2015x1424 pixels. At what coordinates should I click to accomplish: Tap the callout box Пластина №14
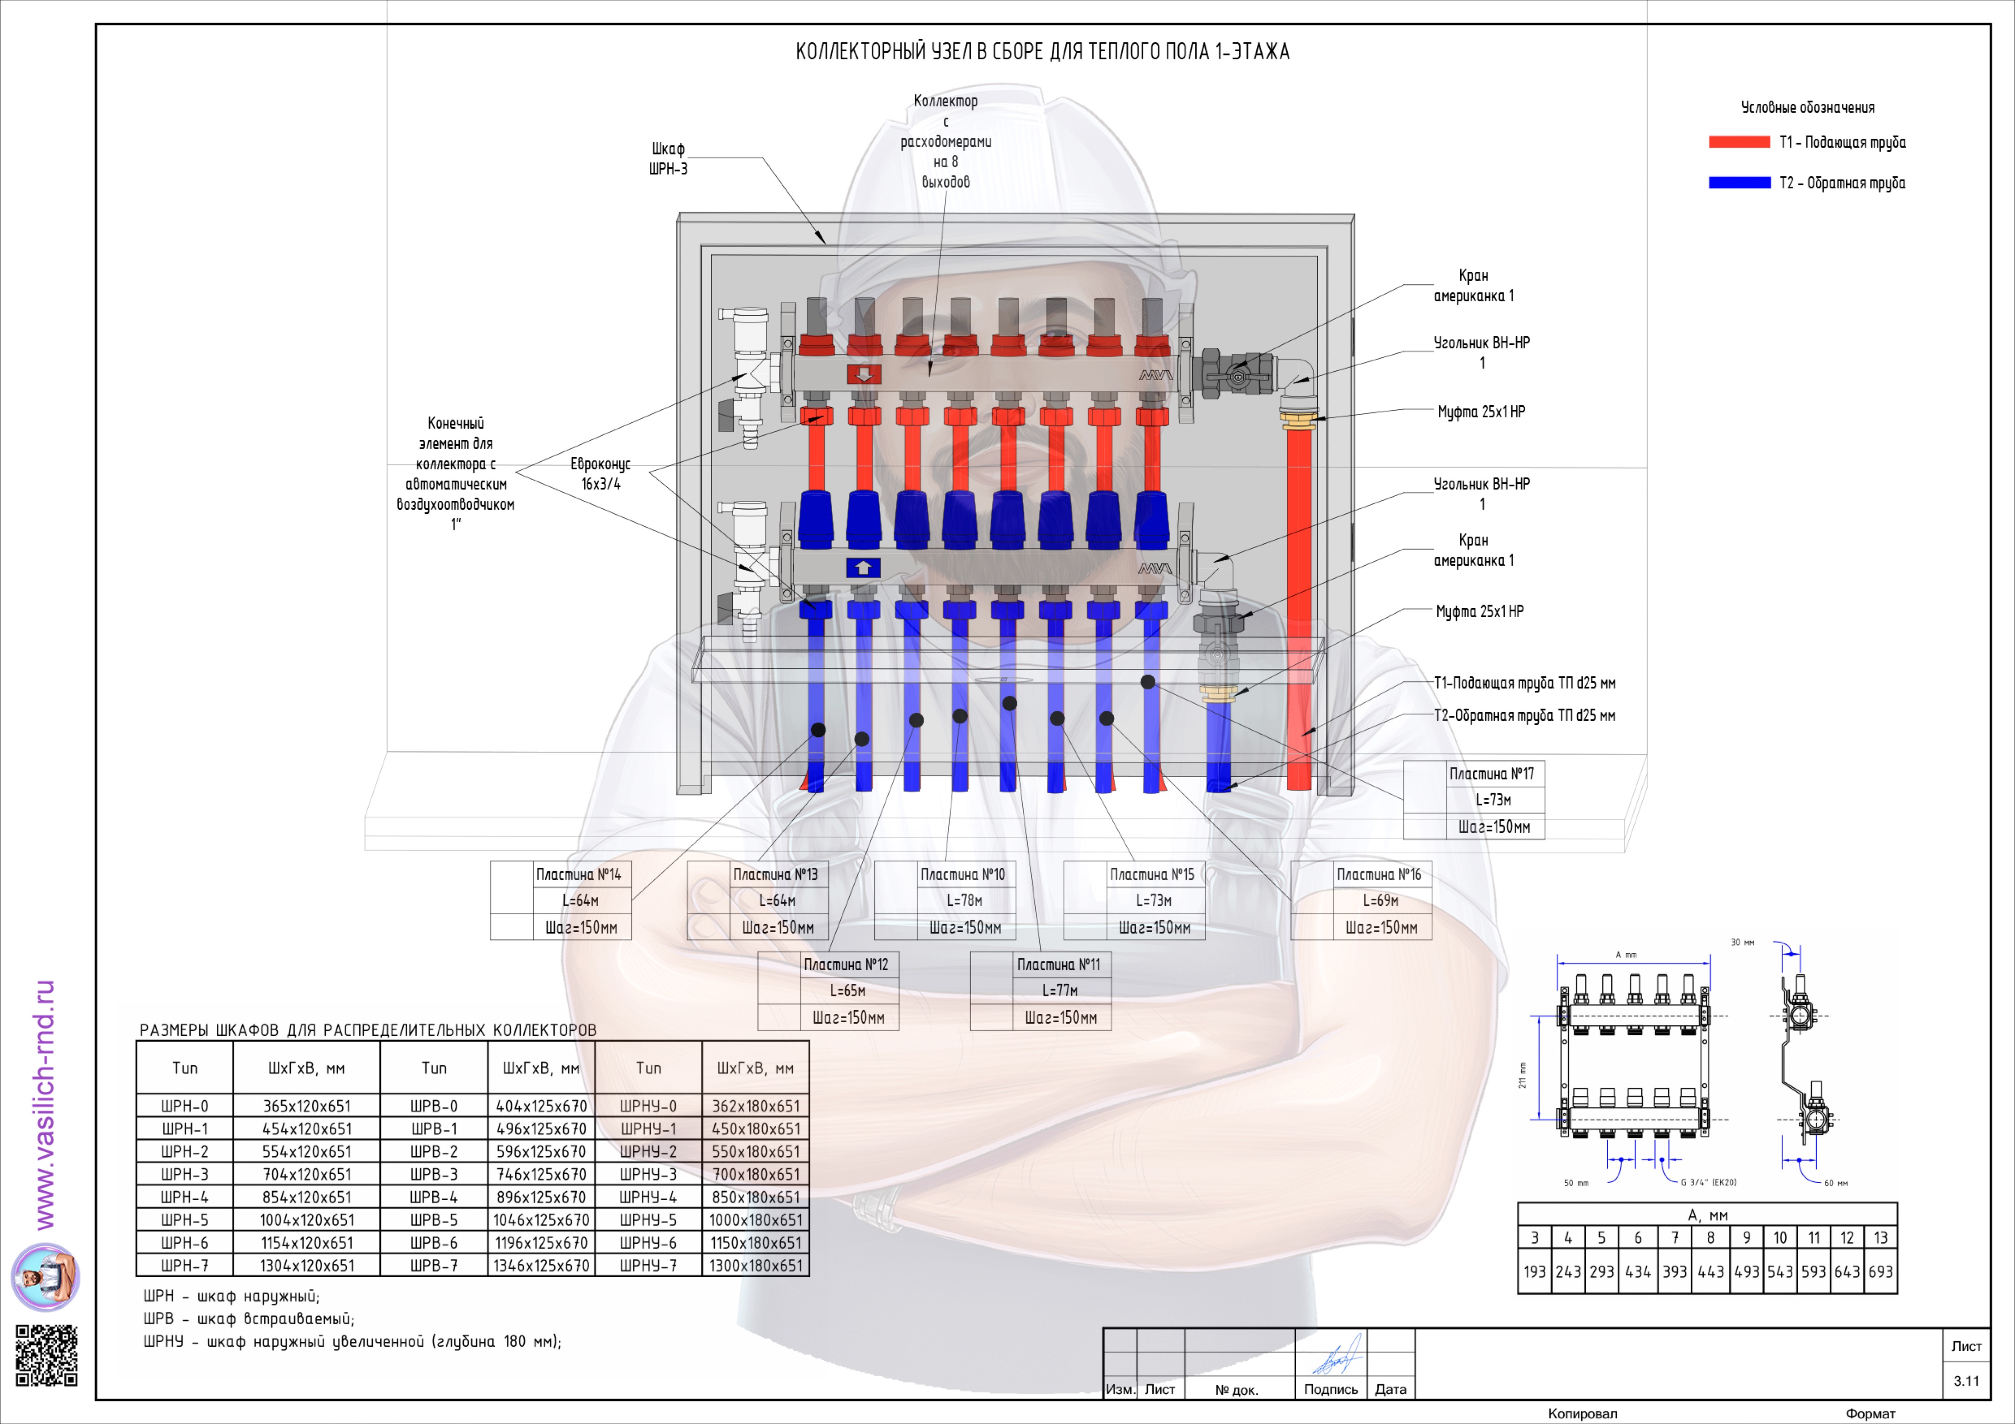pos(561,900)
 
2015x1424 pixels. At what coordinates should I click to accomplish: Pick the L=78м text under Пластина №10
pos(963,900)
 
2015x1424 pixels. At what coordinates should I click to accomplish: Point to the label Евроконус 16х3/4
pos(600,474)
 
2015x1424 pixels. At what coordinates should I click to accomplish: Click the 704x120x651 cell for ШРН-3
pos(306,1174)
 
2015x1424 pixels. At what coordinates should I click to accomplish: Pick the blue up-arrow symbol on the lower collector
pos(863,568)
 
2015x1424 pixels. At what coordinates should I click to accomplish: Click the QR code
pos(47,1355)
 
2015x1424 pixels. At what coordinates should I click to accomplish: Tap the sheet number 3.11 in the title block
pos(1966,1381)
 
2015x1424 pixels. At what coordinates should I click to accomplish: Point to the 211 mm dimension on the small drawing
pos(1523,1075)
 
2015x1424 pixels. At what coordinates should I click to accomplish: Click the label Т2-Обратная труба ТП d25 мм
pos(1524,715)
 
